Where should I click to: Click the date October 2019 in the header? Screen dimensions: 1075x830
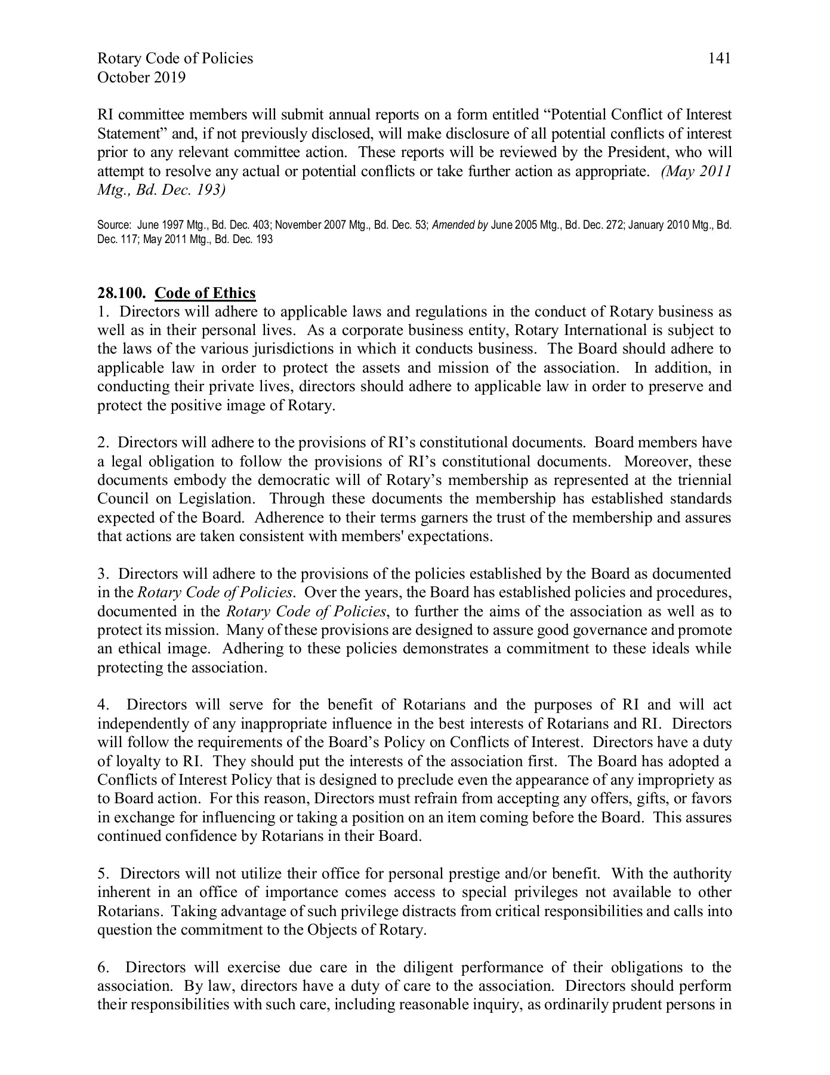(x=141, y=78)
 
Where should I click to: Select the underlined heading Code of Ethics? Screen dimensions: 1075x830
(x=205, y=293)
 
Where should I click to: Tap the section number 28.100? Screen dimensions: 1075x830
(x=122, y=293)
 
